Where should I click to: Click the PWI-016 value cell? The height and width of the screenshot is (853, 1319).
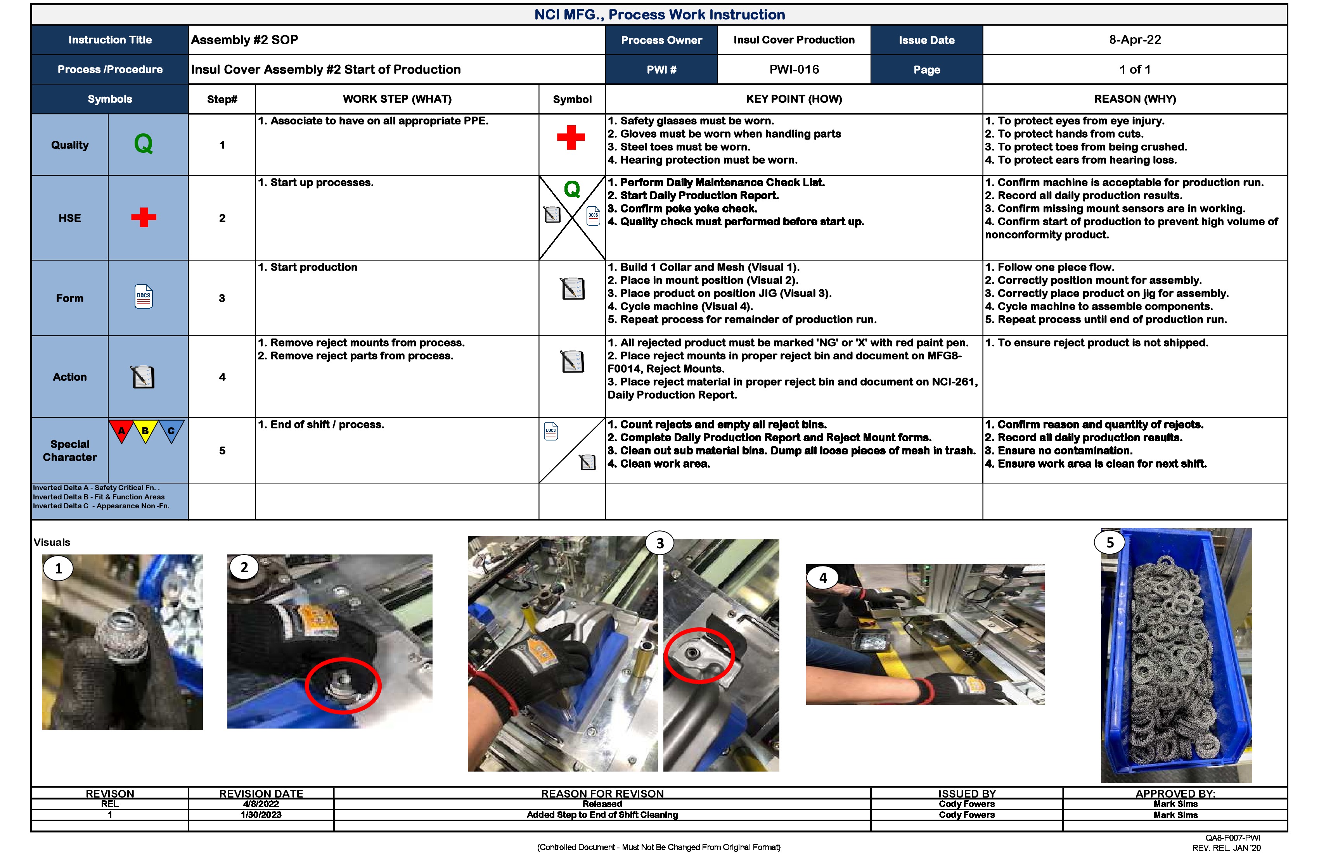click(x=794, y=70)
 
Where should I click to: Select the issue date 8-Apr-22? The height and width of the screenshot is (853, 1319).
click(x=1134, y=40)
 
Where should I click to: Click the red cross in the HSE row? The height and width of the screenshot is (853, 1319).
click(x=144, y=218)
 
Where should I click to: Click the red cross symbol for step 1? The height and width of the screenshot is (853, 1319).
click(x=571, y=137)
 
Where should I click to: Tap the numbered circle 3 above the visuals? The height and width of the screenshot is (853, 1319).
click(x=659, y=543)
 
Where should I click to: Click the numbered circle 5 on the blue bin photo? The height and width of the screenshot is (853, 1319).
click(x=1110, y=543)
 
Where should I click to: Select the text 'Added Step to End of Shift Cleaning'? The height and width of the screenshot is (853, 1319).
click(x=602, y=815)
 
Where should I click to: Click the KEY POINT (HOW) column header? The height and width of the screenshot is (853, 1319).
click(x=794, y=99)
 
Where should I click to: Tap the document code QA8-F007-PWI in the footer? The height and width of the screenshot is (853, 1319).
click(x=1232, y=838)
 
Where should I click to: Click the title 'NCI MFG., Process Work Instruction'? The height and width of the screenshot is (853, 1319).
click(x=659, y=14)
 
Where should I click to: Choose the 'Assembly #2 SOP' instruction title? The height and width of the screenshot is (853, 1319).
click(x=244, y=40)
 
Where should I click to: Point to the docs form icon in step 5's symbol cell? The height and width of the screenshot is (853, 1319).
click(x=551, y=431)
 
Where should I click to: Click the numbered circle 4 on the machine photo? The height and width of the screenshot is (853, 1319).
click(x=823, y=578)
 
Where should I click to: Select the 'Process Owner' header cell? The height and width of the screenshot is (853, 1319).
click(x=661, y=40)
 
